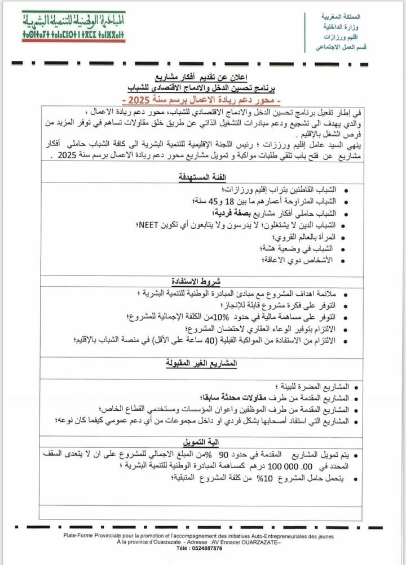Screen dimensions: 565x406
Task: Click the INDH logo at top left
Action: (x=73, y=26)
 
